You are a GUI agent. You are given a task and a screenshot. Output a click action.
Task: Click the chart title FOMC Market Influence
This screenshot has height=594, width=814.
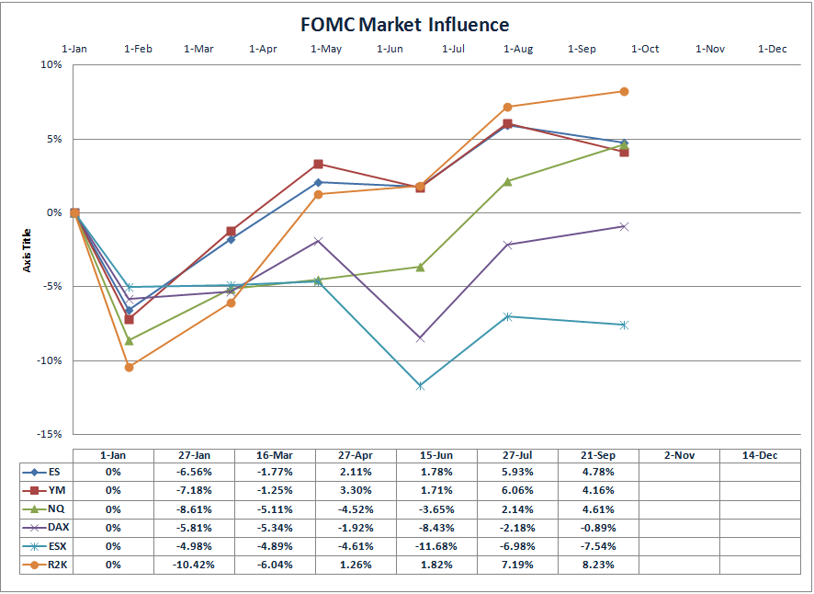click(x=404, y=24)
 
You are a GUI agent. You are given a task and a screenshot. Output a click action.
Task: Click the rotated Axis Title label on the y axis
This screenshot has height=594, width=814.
click(x=27, y=249)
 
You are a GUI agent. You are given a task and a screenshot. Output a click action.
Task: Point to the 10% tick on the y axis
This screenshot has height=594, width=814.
click(x=50, y=65)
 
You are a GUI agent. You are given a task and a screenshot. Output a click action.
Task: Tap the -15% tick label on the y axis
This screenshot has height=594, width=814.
click(x=48, y=434)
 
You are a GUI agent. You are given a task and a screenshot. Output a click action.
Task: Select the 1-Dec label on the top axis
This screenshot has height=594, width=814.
click(x=772, y=49)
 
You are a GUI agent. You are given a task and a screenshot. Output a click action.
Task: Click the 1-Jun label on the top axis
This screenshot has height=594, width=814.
click(x=390, y=49)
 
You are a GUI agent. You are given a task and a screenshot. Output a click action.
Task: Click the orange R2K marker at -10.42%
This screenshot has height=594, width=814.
click(x=129, y=367)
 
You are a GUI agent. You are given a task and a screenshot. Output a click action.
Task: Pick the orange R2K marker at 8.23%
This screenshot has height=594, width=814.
click(x=624, y=91)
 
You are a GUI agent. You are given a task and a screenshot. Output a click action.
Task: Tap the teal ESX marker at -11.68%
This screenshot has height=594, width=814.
click(x=420, y=385)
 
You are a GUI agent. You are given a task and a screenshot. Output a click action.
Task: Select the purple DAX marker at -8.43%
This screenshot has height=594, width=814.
click(x=420, y=337)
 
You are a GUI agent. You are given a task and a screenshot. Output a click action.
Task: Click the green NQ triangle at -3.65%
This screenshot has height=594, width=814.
click(x=420, y=267)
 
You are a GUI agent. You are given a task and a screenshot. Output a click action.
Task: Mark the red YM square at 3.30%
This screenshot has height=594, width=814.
click(x=318, y=165)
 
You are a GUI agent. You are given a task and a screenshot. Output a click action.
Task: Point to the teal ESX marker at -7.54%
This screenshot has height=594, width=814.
click(x=624, y=325)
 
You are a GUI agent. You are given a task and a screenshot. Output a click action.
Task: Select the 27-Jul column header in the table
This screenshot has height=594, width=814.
click(x=517, y=454)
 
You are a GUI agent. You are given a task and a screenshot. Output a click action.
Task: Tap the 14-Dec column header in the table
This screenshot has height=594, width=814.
click(x=760, y=454)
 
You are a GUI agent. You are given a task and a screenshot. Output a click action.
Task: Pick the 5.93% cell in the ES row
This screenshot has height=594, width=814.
click(x=517, y=472)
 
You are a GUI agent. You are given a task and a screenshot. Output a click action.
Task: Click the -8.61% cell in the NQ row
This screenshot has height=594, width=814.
click(x=194, y=509)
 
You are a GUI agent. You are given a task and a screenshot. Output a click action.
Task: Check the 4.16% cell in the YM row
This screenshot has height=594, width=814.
click(x=598, y=490)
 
